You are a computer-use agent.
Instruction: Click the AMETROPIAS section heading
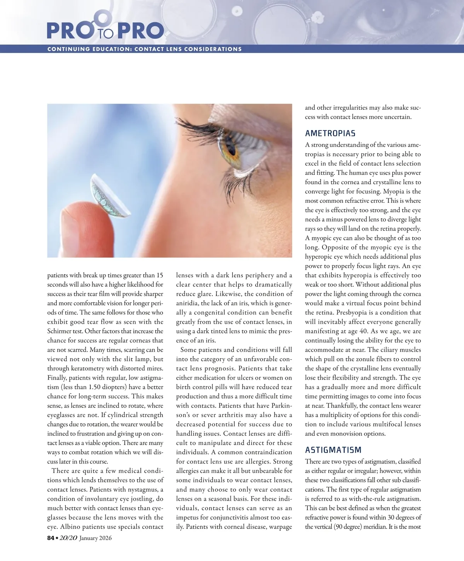click(x=330, y=133)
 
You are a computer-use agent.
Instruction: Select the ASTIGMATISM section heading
click(x=333, y=450)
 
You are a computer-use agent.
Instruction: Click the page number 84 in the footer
click(x=51, y=538)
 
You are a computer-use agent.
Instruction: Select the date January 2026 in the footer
click(x=95, y=538)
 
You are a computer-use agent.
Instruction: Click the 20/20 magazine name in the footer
click(x=68, y=538)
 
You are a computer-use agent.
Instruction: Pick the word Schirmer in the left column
click(x=60, y=331)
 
